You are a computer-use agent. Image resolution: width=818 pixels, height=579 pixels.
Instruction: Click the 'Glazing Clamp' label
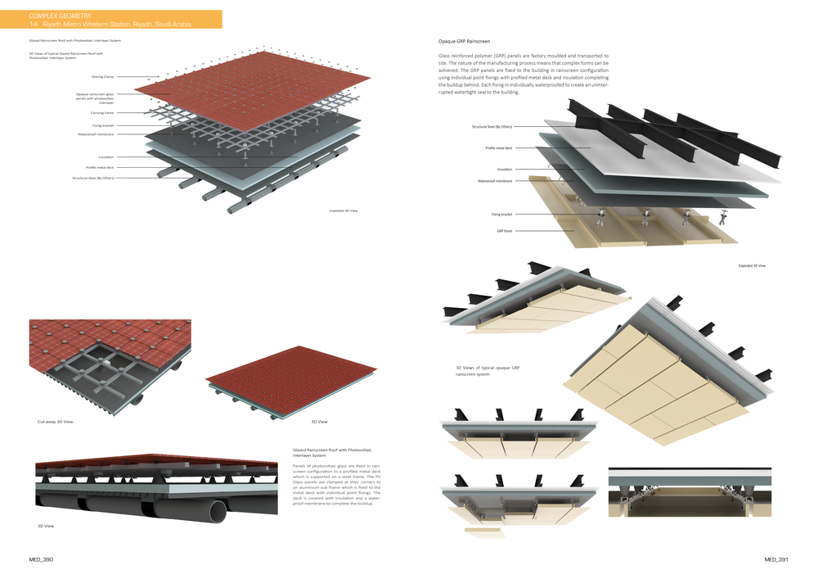102,76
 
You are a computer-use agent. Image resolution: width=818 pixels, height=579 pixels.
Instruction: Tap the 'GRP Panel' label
505,231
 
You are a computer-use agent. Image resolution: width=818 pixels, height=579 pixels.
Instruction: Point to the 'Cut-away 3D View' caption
56,422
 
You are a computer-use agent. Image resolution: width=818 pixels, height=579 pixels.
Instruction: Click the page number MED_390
41,560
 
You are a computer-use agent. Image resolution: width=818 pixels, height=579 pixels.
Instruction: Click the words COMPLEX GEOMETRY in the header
57,16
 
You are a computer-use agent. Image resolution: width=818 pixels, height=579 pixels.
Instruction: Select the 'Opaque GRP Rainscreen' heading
465,41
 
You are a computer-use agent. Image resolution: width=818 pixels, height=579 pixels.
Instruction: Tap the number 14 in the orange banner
34,25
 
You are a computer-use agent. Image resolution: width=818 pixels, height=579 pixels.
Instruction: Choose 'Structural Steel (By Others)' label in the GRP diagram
492,127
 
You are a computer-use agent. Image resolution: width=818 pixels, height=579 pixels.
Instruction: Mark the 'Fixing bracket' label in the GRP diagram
502,214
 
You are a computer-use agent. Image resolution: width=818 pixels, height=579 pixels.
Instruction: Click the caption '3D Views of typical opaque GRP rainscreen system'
488,371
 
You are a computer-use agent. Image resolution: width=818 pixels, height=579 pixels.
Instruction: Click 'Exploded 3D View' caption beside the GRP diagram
752,265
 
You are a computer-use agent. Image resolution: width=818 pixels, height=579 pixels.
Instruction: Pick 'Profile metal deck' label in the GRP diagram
498,148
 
